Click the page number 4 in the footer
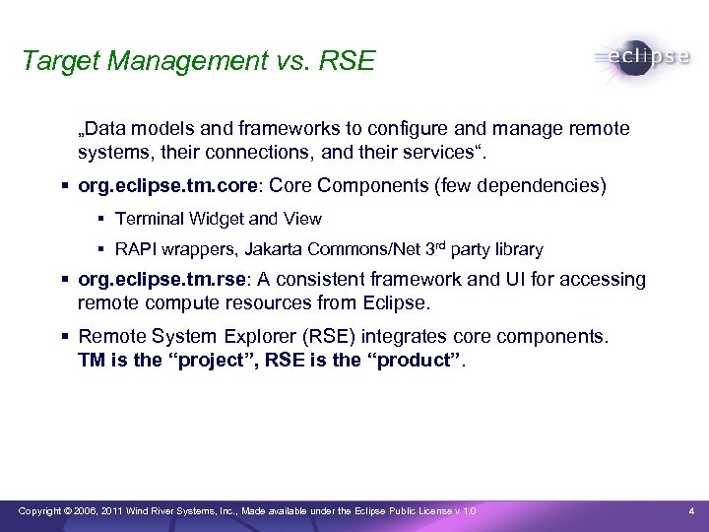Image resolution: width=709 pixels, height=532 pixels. click(692, 510)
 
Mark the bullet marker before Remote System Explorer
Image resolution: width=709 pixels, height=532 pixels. click(64, 336)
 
